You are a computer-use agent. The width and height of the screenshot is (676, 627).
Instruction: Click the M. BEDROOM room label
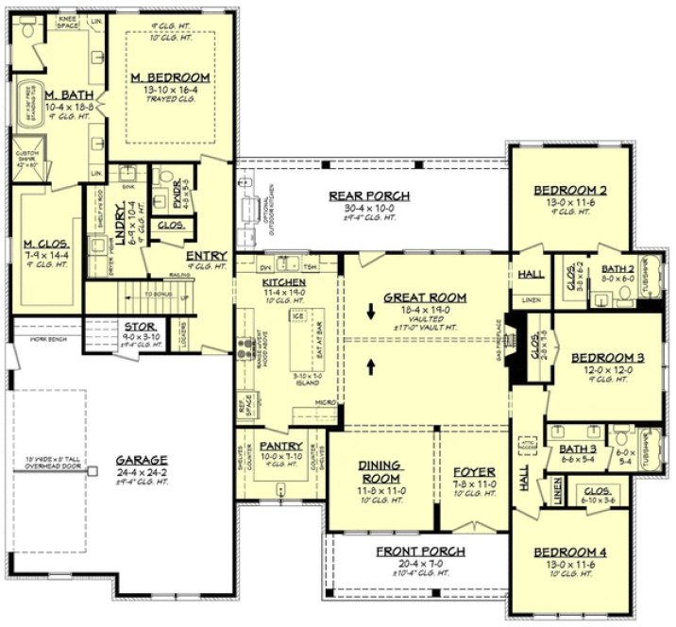pos(170,76)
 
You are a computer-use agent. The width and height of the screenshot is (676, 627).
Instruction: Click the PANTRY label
pos(280,446)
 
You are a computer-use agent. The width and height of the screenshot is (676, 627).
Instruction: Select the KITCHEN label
pos(282,282)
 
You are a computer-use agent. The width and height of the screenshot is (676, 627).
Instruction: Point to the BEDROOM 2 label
pos(570,189)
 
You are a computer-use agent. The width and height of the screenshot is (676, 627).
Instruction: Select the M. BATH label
pos(64,94)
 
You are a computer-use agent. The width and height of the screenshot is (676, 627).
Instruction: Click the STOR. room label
pos(133,327)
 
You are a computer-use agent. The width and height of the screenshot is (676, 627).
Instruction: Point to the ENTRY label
pos(205,255)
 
